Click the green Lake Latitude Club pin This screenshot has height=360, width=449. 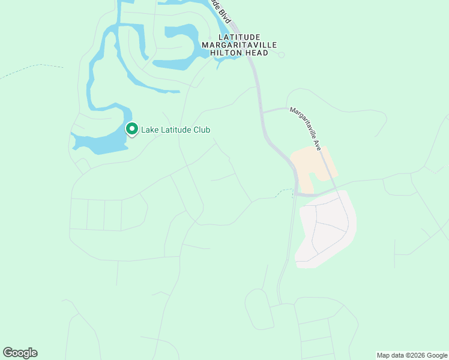pos(131,128)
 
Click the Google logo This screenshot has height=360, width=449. pos(20,353)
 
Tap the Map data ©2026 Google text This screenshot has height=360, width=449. pos(412,355)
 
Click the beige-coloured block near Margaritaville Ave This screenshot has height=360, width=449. pos(307,165)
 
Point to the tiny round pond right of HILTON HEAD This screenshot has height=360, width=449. pos(281,55)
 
